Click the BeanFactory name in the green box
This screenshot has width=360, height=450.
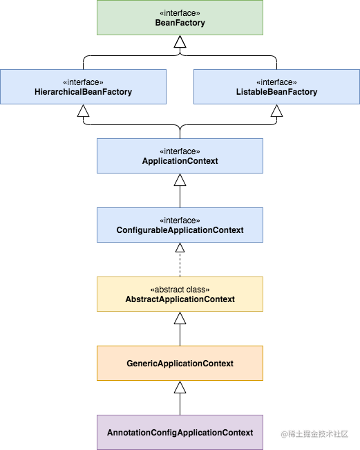pos(180,23)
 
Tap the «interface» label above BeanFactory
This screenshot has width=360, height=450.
pos(180,13)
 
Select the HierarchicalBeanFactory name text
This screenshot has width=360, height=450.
pos(83,92)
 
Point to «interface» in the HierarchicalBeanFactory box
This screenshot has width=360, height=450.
pos(83,82)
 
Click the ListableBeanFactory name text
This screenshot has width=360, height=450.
pos(276,92)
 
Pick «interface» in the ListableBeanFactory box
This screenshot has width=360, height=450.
pos(276,82)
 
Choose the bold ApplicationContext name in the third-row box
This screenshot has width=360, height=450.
pos(180,161)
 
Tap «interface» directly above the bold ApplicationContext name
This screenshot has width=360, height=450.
pos(180,151)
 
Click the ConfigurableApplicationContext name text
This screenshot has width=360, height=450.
pos(180,230)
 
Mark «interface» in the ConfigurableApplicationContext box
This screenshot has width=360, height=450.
pos(180,221)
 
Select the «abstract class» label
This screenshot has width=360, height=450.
pos(180,290)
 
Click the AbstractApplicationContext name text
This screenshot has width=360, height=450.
pos(180,299)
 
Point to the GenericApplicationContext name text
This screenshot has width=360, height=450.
pos(180,364)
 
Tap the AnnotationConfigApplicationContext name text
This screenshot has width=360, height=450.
pos(180,433)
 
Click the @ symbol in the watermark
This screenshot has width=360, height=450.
pos(283,433)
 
